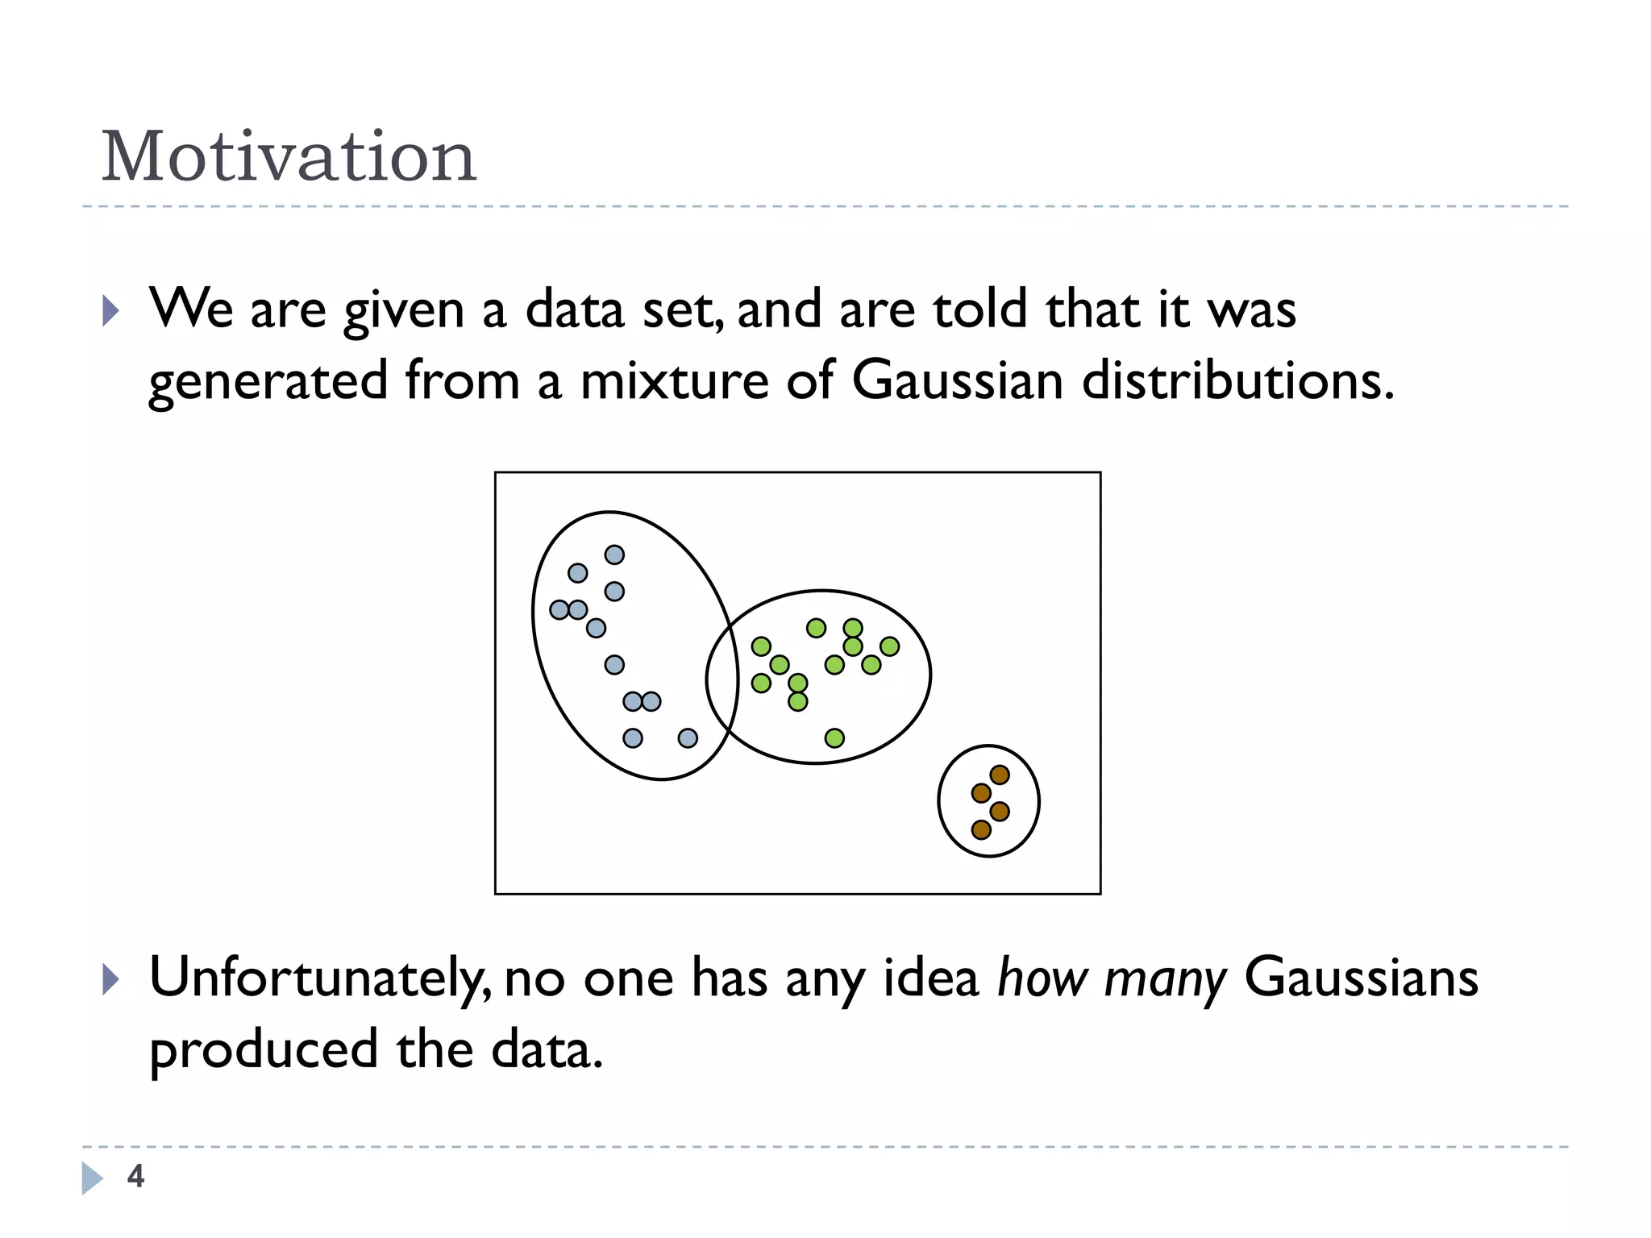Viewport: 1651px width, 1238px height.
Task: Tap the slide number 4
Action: point(135,1176)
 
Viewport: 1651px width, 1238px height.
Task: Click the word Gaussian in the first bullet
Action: point(957,380)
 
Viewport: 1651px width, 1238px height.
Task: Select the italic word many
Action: point(1164,978)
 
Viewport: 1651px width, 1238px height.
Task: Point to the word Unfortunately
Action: point(318,978)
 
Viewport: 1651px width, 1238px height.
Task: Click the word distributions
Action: point(1237,380)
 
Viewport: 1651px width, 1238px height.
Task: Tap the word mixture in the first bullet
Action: point(674,380)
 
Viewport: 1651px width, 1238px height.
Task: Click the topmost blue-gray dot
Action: point(614,555)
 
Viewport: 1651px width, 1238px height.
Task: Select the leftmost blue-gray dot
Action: point(559,609)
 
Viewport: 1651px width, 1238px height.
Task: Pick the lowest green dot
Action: point(834,737)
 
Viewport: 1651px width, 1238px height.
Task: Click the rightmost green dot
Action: point(889,646)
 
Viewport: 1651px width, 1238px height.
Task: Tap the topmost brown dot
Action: point(1000,775)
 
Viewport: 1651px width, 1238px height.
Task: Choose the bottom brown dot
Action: point(981,829)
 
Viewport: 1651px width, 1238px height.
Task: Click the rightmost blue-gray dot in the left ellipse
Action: point(688,737)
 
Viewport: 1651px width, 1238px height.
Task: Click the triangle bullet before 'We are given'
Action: point(111,310)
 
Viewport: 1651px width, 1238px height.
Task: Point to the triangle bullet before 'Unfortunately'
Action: point(111,980)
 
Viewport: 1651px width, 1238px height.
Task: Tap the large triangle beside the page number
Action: point(92,1178)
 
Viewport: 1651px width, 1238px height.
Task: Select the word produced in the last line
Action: point(263,1050)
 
